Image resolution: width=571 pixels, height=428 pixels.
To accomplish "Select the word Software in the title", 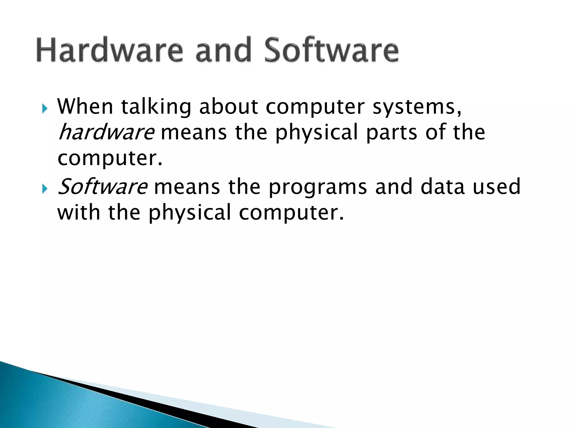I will [331, 50].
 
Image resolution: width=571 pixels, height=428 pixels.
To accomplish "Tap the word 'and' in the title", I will [223, 50].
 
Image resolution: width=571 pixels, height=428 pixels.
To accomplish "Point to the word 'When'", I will [85, 106].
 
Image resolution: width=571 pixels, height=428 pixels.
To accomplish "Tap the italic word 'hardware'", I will [106, 132].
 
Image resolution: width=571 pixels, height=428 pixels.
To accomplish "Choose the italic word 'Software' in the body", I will [103, 187].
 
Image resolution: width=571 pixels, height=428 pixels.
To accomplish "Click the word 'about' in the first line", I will [229, 106].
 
